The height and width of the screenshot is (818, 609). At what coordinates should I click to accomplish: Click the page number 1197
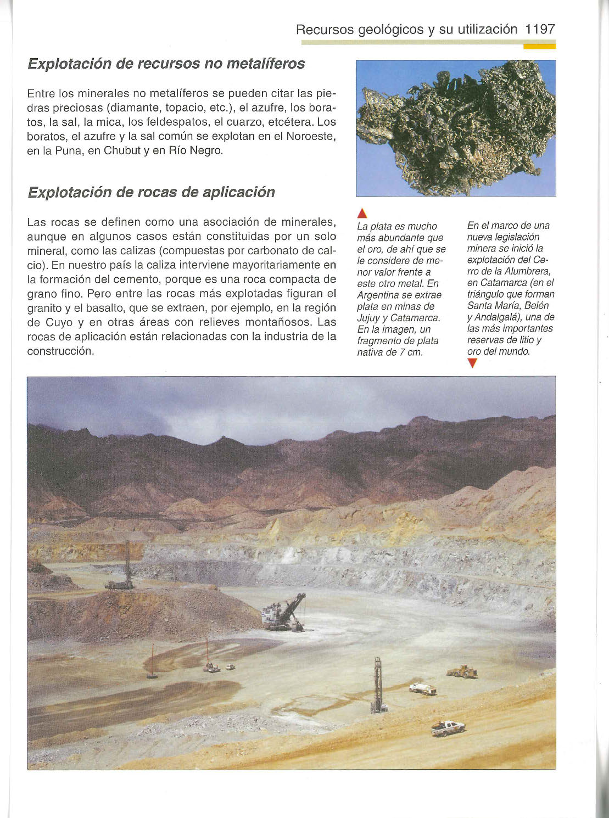[540, 29]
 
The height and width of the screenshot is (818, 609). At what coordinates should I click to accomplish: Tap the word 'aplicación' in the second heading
[239, 192]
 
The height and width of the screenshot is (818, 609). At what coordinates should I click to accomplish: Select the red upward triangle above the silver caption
[361, 214]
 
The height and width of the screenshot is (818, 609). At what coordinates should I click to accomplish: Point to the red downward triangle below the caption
[472, 363]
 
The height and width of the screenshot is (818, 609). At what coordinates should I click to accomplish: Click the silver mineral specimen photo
[456, 128]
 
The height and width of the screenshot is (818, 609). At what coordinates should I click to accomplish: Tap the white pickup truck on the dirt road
[448, 728]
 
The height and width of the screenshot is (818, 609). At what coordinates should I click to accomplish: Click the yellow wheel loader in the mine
[462, 671]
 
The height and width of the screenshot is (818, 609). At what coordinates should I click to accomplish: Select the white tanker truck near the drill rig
[423, 688]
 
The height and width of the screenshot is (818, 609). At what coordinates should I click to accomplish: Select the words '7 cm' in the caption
[411, 352]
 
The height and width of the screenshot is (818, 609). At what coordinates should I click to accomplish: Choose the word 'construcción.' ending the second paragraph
[60, 351]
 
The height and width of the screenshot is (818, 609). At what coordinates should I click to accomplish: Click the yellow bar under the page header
[539, 46]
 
